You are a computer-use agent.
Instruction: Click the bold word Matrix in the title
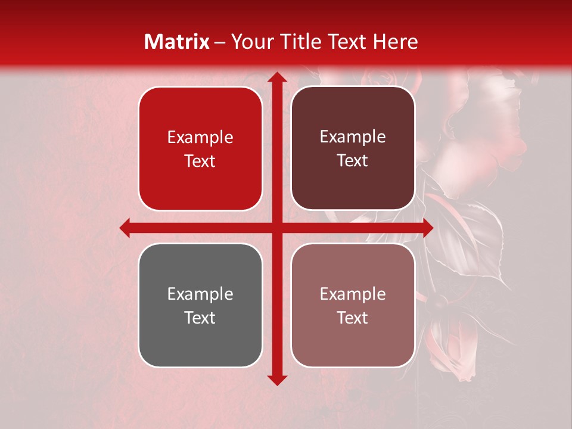177,42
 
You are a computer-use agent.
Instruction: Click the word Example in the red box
200,138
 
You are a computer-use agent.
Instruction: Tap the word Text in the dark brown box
353,160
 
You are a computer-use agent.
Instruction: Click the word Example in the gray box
200,294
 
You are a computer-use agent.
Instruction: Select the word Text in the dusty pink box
353,318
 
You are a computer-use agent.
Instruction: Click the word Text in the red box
200,161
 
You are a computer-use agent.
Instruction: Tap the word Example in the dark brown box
353,137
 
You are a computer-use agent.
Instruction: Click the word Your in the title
251,42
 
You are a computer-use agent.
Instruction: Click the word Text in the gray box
200,318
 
